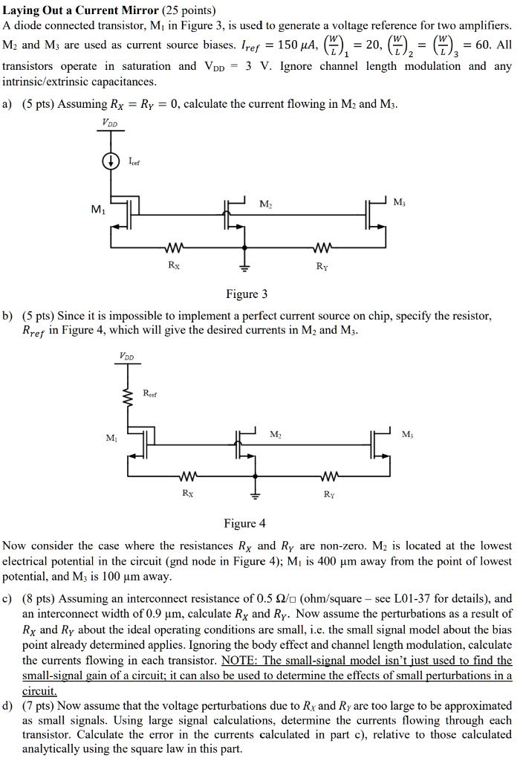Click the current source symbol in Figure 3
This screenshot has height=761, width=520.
(x=111, y=160)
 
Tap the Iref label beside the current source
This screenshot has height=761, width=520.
(x=134, y=160)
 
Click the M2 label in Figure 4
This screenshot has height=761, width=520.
(x=275, y=433)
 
